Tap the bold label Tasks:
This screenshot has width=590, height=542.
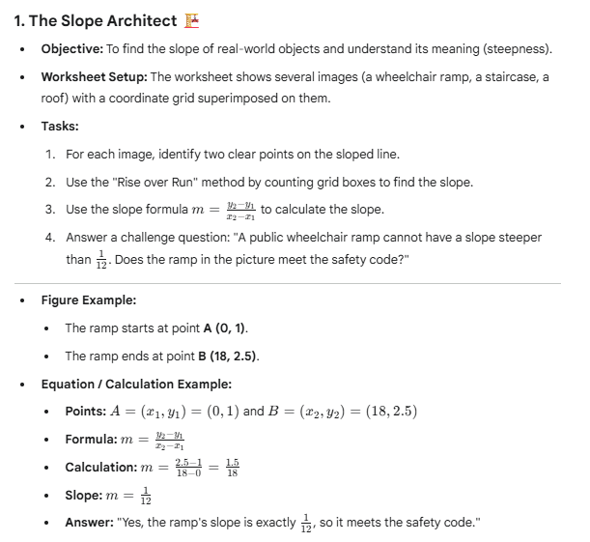click(62, 127)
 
